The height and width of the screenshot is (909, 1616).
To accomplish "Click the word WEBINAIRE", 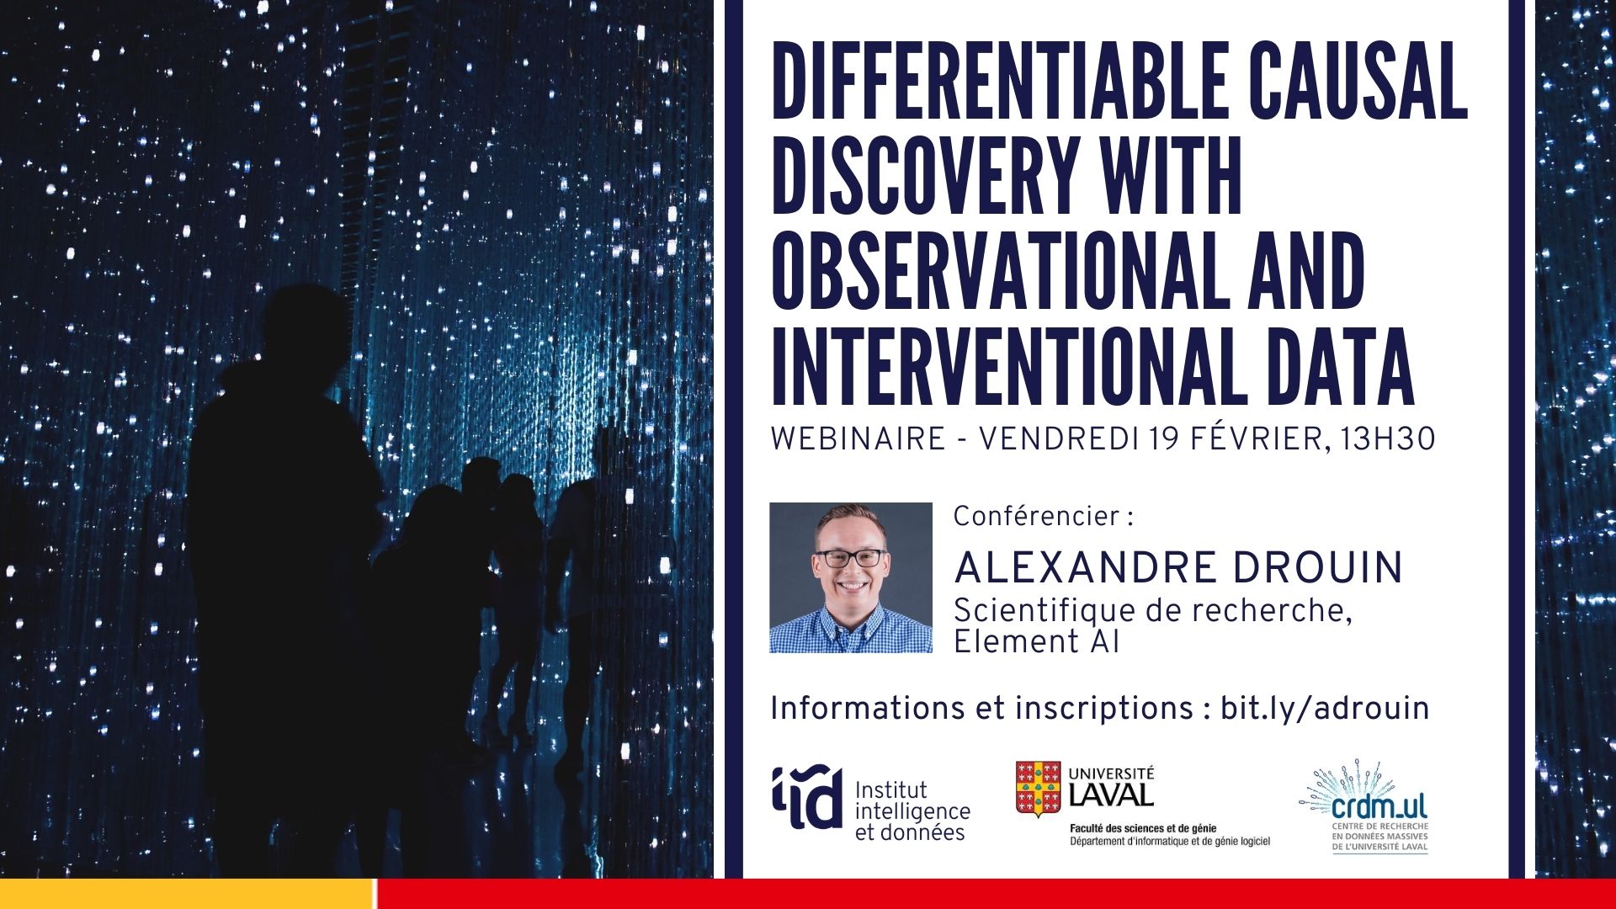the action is pos(858,439).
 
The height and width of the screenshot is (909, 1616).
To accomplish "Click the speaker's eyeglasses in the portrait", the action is pos(851,558).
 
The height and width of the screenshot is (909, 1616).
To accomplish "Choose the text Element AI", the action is pos(1036,642).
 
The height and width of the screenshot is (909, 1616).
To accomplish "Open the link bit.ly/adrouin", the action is pos(1325,709).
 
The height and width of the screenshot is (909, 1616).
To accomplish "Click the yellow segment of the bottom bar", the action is pos(187,894).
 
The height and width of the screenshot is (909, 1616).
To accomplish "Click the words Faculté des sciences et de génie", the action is pos(1142,828).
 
